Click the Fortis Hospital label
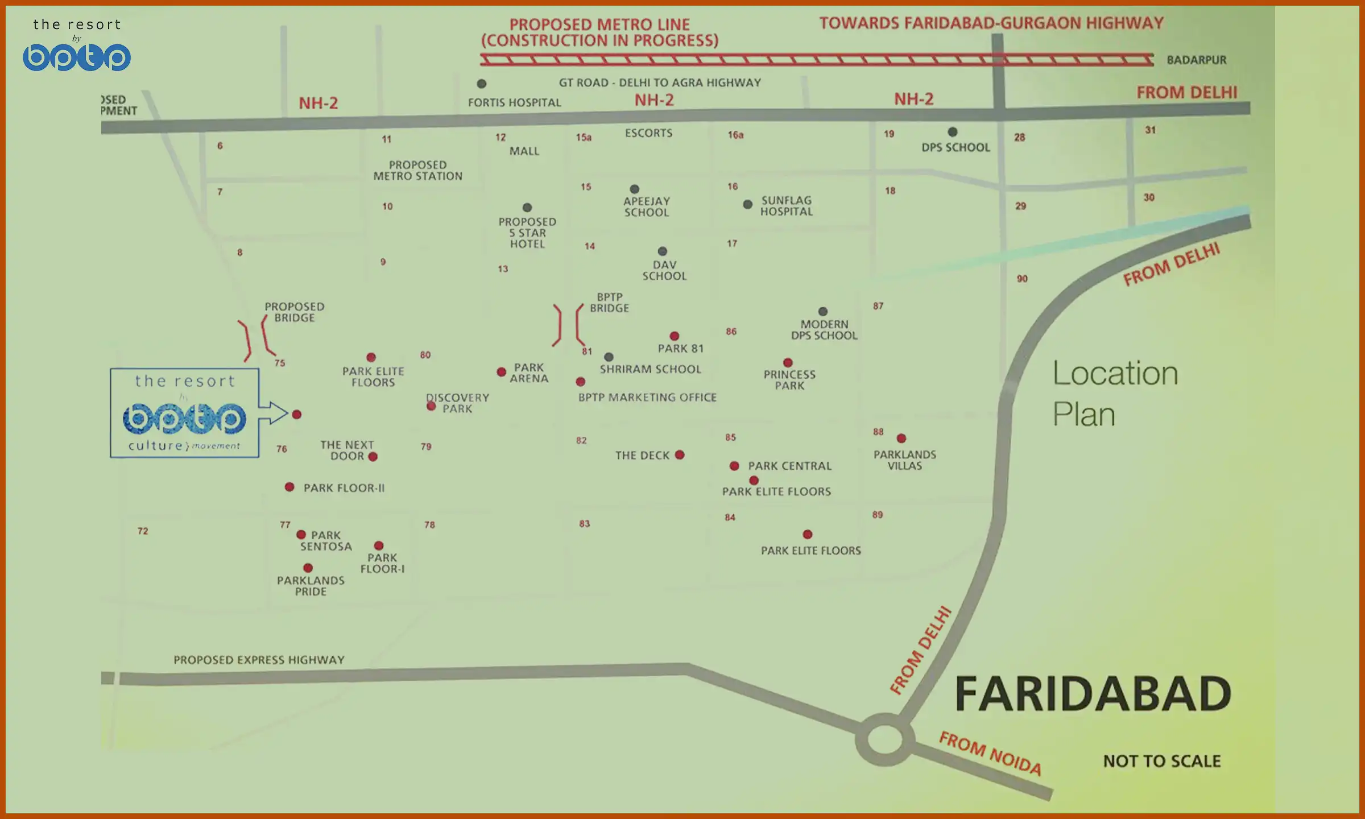coord(514,102)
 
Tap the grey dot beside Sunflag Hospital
coord(747,204)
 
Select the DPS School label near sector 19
coord(955,147)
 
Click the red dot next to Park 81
coord(674,336)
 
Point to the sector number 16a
coord(735,135)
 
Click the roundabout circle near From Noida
coord(884,739)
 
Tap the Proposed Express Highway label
coord(259,660)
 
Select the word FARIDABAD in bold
coord(1093,694)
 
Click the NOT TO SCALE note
coord(1161,761)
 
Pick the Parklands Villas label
coord(904,460)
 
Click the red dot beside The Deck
coord(680,455)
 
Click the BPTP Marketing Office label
coord(647,398)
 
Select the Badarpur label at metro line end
coord(1196,60)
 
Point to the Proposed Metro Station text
coord(417,171)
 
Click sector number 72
coord(143,531)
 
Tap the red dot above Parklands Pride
coord(308,568)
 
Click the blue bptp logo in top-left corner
coord(77,57)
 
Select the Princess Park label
coord(789,380)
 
